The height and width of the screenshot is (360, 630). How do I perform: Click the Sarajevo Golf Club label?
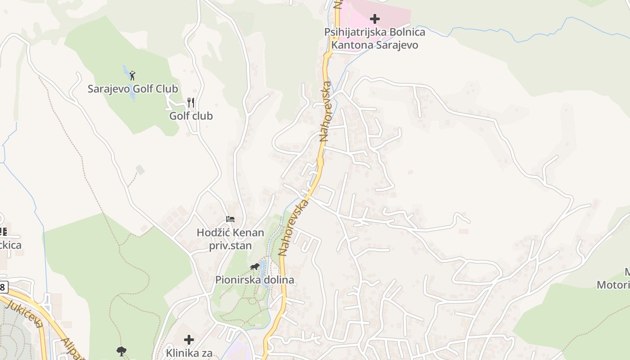point(133,89)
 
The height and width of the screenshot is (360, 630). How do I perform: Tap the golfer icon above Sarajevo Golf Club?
point(132,76)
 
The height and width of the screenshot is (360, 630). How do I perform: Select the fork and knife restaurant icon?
point(191,103)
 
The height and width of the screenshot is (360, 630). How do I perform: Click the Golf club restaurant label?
point(191,116)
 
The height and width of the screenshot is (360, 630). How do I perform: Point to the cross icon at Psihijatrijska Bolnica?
point(374,19)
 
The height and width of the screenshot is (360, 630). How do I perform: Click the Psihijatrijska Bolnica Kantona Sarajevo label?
point(374,39)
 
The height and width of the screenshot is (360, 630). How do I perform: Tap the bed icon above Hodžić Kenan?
point(230,220)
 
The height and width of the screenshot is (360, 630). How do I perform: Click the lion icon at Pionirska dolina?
point(255,267)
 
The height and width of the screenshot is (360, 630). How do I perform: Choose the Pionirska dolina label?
point(255,279)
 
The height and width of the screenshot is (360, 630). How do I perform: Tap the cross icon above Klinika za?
point(189,339)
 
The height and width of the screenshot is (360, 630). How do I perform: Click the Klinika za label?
point(189,353)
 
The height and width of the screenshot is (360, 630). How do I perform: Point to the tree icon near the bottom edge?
point(121,351)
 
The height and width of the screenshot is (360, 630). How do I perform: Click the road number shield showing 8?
point(3,286)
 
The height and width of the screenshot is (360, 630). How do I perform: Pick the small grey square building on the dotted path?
point(140,170)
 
